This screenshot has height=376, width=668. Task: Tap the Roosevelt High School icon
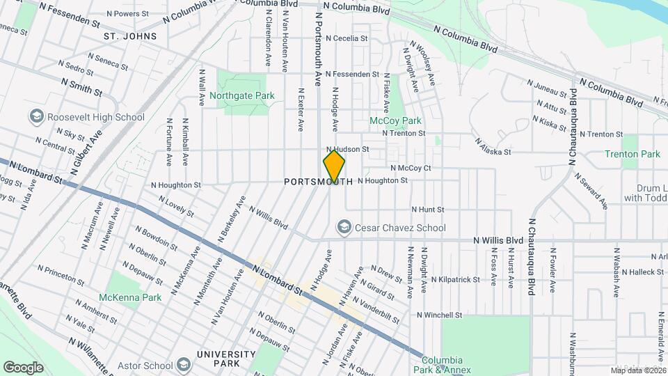[x=37, y=118]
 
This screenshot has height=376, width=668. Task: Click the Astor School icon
[x=183, y=365]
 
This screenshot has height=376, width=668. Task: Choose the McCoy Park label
[x=395, y=120]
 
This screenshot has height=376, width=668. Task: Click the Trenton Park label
[x=632, y=154]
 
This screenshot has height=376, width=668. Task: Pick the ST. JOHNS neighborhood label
[x=129, y=36]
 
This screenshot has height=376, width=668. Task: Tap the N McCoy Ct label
[x=411, y=168]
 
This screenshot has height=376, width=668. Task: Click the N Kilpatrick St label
[x=455, y=279]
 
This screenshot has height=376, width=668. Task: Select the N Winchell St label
[x=440, y=315]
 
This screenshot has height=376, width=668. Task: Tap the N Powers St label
[x=129, y=13]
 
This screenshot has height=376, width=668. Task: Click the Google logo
[x=23, y=367]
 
